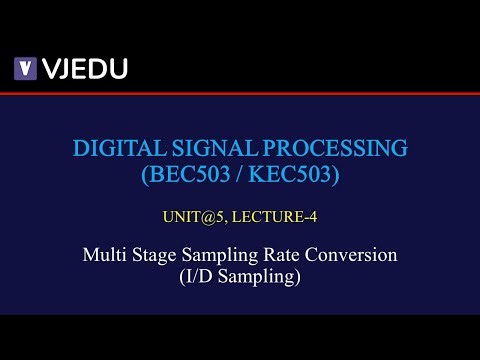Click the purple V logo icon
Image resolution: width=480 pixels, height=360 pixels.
point(25,69)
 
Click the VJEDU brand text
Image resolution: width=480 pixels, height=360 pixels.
point(84,69)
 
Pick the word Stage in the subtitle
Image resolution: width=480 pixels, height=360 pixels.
point(153,254)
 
